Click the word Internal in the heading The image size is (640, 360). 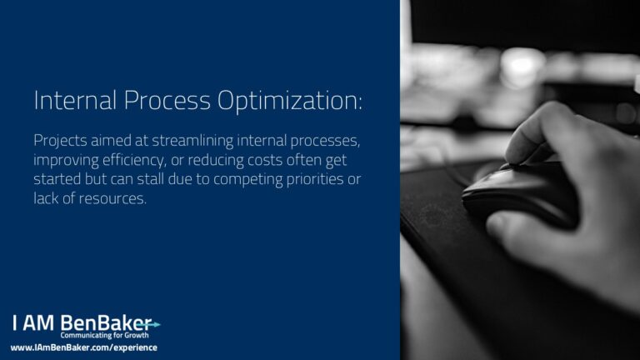pyautogui.click(x=75, y=100)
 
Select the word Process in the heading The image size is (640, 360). pyautogui.click(x=167, y=100)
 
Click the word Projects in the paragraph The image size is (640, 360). pyautogui.click(x=60, y=141)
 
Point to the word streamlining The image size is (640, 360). pyautogui.click(x=192, y=141)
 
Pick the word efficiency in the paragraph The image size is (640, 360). pyautogui.click(x=134, y=160)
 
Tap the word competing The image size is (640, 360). pyautogui.click(x=247, y=180)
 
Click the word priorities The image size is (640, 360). pyautogui.click(x=315, y=180)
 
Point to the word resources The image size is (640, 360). pyautogui.click(x=112, y=199)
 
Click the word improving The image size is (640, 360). pyautogui.click(x=66, y=160)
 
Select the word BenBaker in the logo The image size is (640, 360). pyautogui.click(x=106, y=322)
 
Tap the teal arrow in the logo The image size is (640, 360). pyautogui.click(x=148, y=325)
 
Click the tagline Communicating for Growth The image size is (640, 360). pyautogui.click(x=104, y=336)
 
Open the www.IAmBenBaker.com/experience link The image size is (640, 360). pyautogui.click(x=83, y=347)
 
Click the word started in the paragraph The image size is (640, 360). pyautogui.click(x=57, y=179)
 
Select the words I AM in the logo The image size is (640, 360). pyautogui.click(x=33, y=322)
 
